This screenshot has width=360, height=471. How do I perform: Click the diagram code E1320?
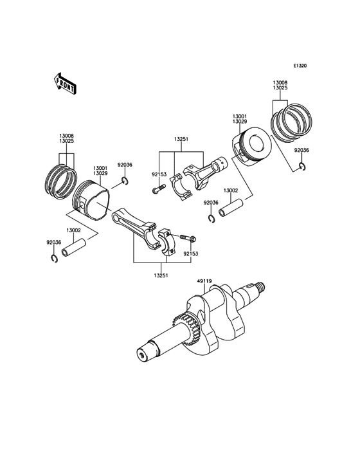(x=300, y=66)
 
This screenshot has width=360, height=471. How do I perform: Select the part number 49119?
(x=204, y=281)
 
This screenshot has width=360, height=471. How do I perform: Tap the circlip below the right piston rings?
(x=302, y=167)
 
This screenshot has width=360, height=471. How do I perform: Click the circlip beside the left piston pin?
(x=55, y=259)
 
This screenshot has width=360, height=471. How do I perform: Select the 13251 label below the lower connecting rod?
(x=161, y=275)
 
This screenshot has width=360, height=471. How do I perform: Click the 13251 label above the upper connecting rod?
(x=181, y=138)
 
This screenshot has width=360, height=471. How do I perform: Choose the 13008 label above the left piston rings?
(x=66, y=136)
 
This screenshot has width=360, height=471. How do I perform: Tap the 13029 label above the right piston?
(x=240, y=122)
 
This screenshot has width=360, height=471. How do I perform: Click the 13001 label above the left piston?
(x=100, y=167)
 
